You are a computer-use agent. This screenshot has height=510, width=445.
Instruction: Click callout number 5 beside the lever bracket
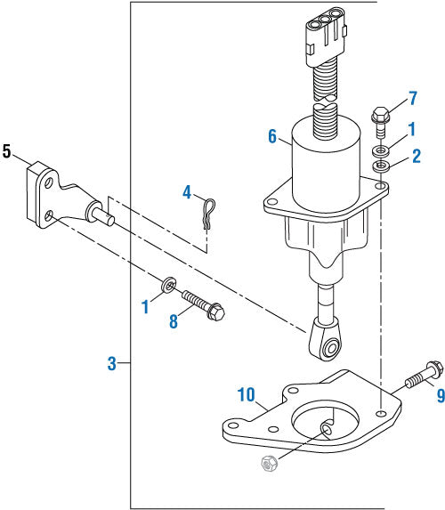point(7,152)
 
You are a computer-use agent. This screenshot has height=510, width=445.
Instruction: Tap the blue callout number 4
point(187,191)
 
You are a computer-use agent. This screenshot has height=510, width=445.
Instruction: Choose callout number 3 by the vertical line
point(111,363)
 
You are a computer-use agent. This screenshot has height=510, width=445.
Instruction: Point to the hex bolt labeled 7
point(380,120)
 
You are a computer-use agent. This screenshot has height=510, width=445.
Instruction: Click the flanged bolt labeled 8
point(203,304)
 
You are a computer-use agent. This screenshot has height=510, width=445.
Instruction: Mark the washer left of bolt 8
point(166,286)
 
